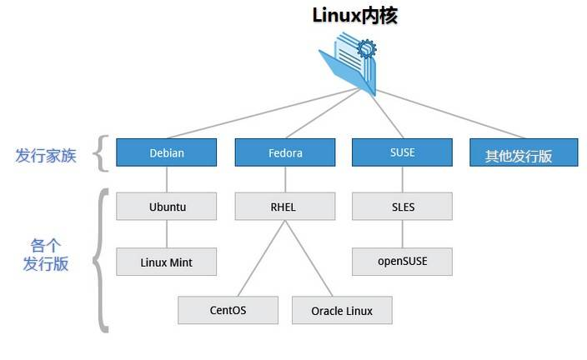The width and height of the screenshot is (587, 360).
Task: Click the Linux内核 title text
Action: (354, 16)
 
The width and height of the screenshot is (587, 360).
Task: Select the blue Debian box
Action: (166, 152)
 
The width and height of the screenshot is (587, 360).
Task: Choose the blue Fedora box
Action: (285, 152)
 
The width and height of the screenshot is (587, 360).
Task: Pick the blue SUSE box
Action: (402, 152)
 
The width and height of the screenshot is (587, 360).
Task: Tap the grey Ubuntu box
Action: (166, 206)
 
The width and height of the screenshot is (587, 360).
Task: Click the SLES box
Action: (402, 206)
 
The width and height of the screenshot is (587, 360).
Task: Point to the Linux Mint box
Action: (166, 261)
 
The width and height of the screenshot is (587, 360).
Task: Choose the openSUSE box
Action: (402, 261)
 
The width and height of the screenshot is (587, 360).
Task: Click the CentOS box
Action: (228, 310)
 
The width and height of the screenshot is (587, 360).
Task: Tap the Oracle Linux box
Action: (342, 310)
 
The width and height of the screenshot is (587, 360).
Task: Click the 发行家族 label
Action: (46, 155)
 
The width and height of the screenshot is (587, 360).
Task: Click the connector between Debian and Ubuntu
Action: (166, 179)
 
